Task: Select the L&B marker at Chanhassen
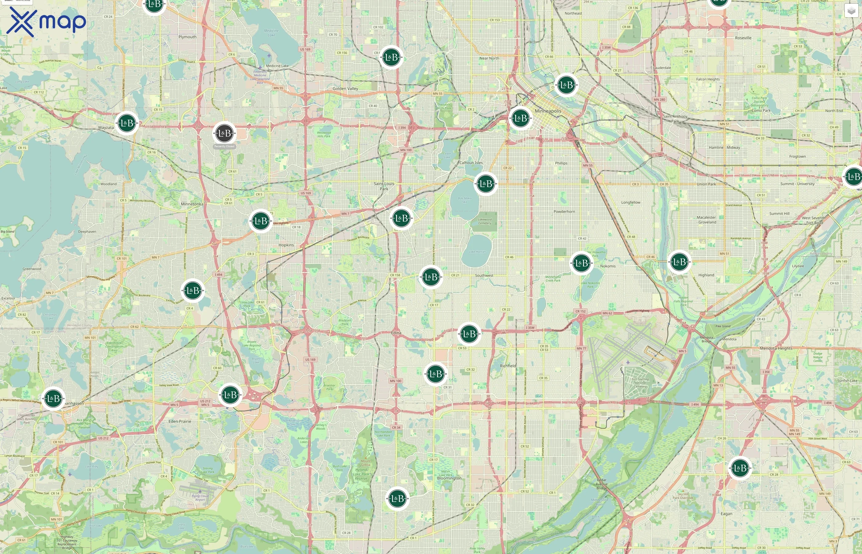[53, 398]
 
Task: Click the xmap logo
[46, 22]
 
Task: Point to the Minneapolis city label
[548, 111]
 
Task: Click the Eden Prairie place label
[179, 421]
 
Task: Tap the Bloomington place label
[449, 478]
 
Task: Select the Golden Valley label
[345, 89]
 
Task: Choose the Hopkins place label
[286, 245]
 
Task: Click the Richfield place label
[508, 366]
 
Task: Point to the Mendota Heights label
[776, 348]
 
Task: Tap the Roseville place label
[743, 38]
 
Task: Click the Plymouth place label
[187, 37]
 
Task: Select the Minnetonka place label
[192, 204]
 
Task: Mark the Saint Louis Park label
[384, 186]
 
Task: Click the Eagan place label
[726, 514]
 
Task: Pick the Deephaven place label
[87, 232]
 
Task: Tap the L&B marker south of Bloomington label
[397, 498]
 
